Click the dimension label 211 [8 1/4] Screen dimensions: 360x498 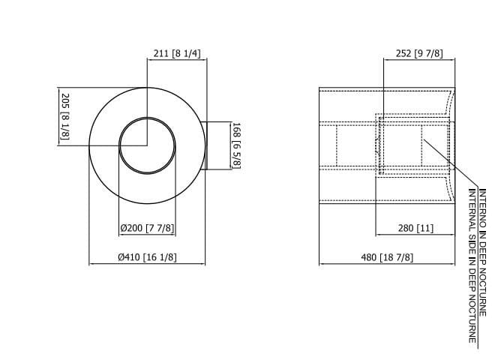coord(176,53)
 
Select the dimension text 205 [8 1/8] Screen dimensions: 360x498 coord(64,116)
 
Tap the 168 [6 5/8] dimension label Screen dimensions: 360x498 coord(235,145)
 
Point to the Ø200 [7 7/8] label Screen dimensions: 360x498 coord(148,228)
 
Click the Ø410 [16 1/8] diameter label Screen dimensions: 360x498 coord(147,256)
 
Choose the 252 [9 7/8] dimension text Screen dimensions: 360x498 coord(418,53)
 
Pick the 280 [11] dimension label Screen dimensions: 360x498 coord(415,228)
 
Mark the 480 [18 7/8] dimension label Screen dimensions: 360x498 coord(387,256)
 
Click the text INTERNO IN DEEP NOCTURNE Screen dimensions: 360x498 coord(482,251)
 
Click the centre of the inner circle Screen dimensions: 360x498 coord(148,145)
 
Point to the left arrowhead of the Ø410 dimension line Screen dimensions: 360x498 coord(91,263)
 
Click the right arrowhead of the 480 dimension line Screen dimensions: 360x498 coord(452,263)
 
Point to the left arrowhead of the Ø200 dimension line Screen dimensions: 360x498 coord(121,235)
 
